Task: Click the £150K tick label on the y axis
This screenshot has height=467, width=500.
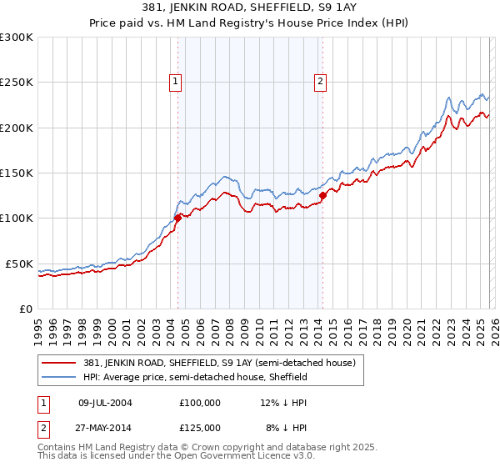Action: click(17, 173)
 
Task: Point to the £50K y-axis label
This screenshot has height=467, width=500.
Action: click(19, 264)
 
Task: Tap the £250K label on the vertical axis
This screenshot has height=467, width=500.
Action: click(17, 83)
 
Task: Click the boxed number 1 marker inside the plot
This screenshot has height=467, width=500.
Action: click(177, 81)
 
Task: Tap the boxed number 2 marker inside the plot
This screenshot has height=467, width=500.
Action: click(321, 81)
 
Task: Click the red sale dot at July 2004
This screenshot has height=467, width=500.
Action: click(177, 218)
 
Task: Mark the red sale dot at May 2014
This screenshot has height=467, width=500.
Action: click(322, 196)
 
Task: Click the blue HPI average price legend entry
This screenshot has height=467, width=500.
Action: click(196, 377)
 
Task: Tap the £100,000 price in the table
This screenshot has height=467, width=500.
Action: click(200, 402)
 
